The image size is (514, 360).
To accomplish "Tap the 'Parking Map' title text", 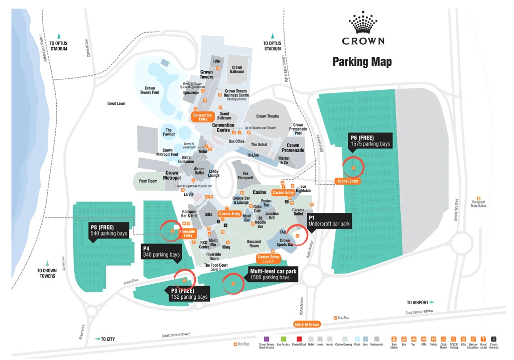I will tap(362, 62).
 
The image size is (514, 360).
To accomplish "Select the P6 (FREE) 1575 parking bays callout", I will tap(370, 140).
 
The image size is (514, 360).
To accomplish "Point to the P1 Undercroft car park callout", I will tap(329, 220).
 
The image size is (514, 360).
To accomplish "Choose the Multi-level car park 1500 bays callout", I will tap(273, 274).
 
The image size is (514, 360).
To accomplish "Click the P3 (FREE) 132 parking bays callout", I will tap(188, 294).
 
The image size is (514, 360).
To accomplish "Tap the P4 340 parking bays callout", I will tap(161, 252).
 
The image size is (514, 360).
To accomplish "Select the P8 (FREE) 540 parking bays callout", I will tap(108, 230).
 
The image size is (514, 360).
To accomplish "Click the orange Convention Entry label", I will tap(203, 117).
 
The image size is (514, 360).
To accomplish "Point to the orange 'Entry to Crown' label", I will tap(307, 325).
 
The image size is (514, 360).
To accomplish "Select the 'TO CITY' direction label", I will tap(107, 339).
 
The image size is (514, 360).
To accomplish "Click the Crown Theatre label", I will tap(268, 116).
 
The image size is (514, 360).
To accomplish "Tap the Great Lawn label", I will tap(116, 104).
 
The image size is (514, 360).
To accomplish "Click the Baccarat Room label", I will tap(254, 244).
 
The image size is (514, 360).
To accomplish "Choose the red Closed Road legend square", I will tap(299, 339).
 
